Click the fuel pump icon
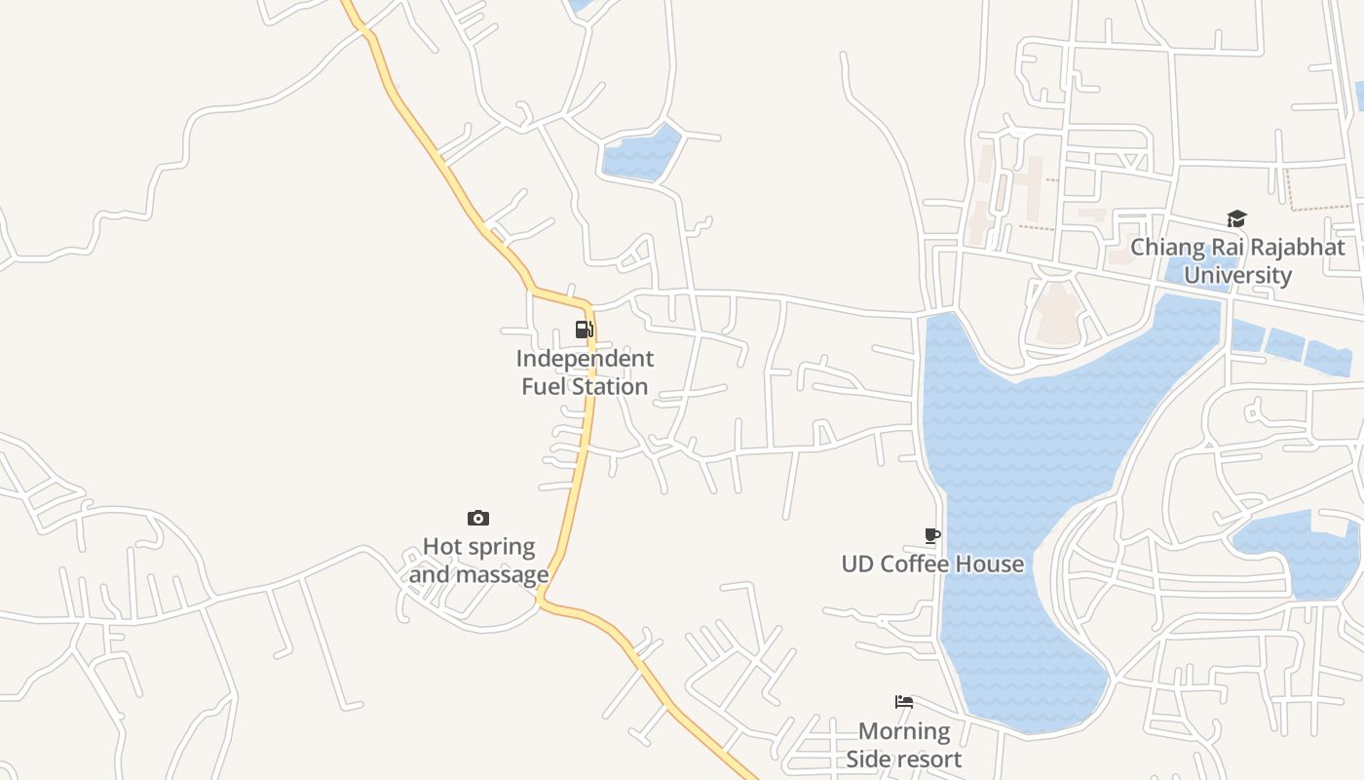(x=584, y=330)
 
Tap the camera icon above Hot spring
(x=478, y=518)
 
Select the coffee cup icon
(x=932, y=535)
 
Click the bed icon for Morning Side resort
(x=904, y=702)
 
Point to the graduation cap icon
(x=1236, y=218)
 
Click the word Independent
(x=585, y=359)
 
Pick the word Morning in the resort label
(x=904, y=731)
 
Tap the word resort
(x=927, y=759)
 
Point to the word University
(x=1237, y=275)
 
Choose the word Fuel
(x=544, y=386)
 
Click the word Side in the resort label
(x=868, y=759)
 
